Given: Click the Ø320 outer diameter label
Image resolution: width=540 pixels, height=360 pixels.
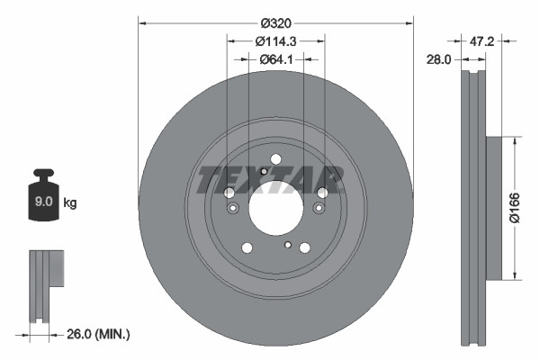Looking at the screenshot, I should (x=274, y=22).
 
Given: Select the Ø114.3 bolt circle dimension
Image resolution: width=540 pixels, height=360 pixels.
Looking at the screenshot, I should (x=274, y=41).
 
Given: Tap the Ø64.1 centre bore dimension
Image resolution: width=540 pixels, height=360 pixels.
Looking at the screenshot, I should (x=274, y=59).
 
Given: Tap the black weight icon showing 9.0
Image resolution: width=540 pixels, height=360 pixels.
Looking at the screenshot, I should (x=44, y=194).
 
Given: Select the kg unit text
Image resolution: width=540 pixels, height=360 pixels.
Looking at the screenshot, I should (x=70, y=203).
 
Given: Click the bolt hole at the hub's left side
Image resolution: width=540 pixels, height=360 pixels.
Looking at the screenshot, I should (x=229, y=193).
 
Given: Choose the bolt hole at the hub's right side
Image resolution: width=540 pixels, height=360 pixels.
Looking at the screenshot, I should (x=322, y=193).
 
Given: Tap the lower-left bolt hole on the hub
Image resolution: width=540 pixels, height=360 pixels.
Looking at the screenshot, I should (x=247, y=248).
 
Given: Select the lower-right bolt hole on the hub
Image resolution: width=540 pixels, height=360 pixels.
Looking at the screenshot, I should (x=304, y=248).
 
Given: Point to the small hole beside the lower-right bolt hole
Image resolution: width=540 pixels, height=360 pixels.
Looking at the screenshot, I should (x=287, y=245).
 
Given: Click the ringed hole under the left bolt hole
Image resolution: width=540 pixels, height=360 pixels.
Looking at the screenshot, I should (x=233, y=210).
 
